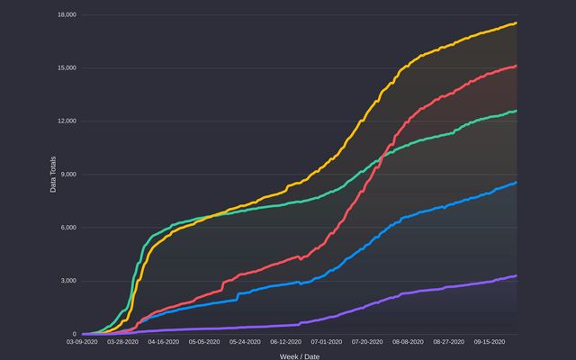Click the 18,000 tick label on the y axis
pyautogui.click(x=65, y=15)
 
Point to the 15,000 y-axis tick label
pyautogui.click(x=65, y=68)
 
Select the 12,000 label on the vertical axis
pyautogui.click(x=65, y=121)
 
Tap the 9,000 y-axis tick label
pyautogui.click(x=67, y=175)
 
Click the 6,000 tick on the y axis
pyautogui.click(x=67, y=228)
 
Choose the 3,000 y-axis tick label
pyautogui.click(x=67, y=281)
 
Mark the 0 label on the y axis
pyautogui.click(x=73, y=334)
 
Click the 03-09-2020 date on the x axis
pyautogui.click(x=82, y=342)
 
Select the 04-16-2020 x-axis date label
pyautogui.click(x=164, y=342)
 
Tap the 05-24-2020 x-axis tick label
pyautogui.click(x=245, y=342)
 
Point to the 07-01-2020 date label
pyautogui.click(x=326, y=342)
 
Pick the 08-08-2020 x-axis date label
pyautogui.click(x=407, y=342)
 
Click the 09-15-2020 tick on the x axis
pyautogui.click(x=489, y=342)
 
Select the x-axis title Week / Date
pyautogui.click(x=299, y=355)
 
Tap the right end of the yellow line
pyautogui.click(x=516, y=23)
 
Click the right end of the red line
pyautogui.click(x=516, y=66)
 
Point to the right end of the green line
pyautogui.click(x=516, y=111)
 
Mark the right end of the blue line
pyautogui.click(x=516, y=183)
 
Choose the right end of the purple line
pyautogui.click(x=516, y=275)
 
